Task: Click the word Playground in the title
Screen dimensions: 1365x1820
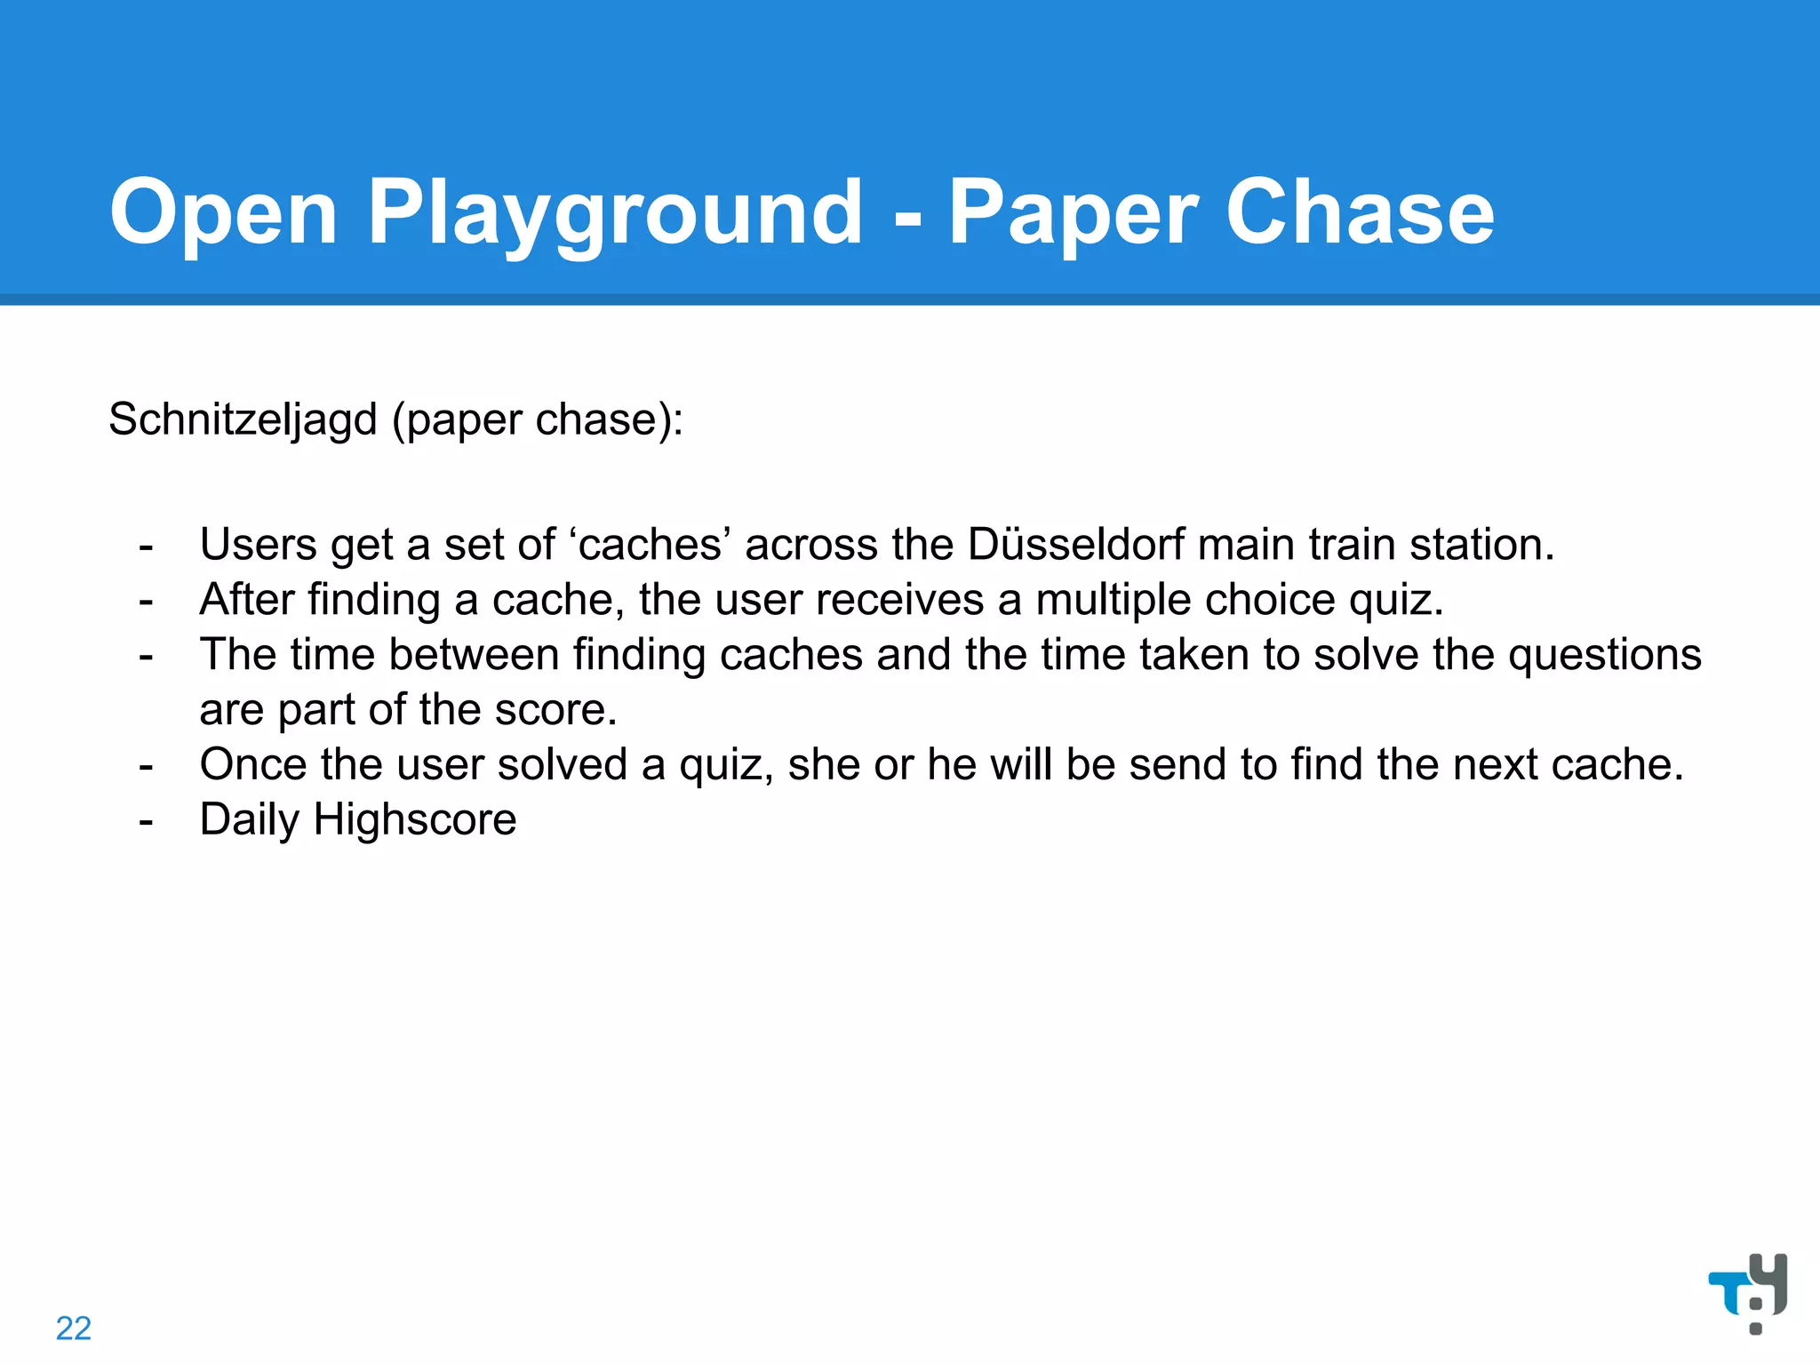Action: pyautogui.click(x=615, y=213)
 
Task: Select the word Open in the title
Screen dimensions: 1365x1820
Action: pyautogui.click(x=223, y=213)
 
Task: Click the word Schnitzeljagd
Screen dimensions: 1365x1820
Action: pyautogui.click(x=243, y=419)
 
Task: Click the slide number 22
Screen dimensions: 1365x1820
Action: pyautogui.click(x=74, y=1328)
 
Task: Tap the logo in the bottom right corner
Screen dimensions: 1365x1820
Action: pyautogui.click(x=1748, y=1292)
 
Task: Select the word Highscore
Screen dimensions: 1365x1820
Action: pyautogui.click(x=415, y=819)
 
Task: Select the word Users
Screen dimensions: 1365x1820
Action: pyautogui.click(x=258, y=544)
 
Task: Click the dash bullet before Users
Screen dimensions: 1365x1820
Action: pyautogui.click(x=147, y=546)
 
